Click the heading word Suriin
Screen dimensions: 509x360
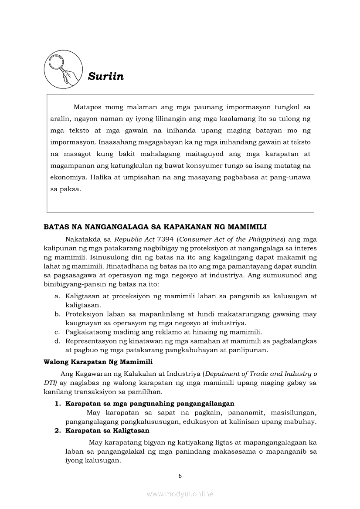click(106, 77)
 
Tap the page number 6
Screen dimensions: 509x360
click(180, 476)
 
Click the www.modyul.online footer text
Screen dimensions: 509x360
click(180, 494)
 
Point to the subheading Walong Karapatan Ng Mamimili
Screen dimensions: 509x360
click(98, 362)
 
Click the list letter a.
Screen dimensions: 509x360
click(57, 296)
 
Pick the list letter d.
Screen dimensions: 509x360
click(57, 341)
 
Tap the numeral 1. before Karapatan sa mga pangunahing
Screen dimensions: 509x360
click(58, 404)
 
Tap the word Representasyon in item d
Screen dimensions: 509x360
click(91, 341)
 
